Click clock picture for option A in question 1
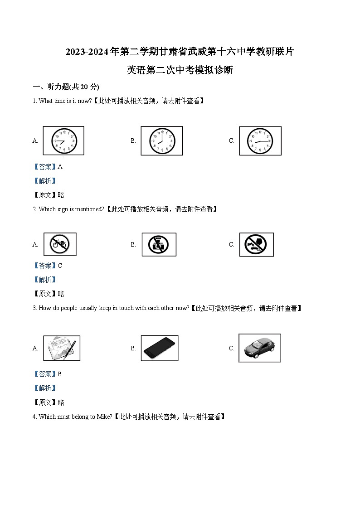(x=63, y=141)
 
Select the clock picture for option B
(x=162, y=141)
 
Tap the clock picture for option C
(x=260, y=141)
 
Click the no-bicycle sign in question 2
(x=60, y=244)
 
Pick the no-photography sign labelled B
(x=159, y=244)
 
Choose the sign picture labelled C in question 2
(x=257, y=244)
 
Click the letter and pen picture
(x=62, y=348)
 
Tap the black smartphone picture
(x=160, y=348)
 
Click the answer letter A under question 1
(x=60, y=167)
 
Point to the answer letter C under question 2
(x=60, y=266)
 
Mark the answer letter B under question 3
(x=60, y=374)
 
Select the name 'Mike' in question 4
(x=103, y=417)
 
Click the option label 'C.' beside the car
(x=232, y=349)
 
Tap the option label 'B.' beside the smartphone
(x=133, y=349)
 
